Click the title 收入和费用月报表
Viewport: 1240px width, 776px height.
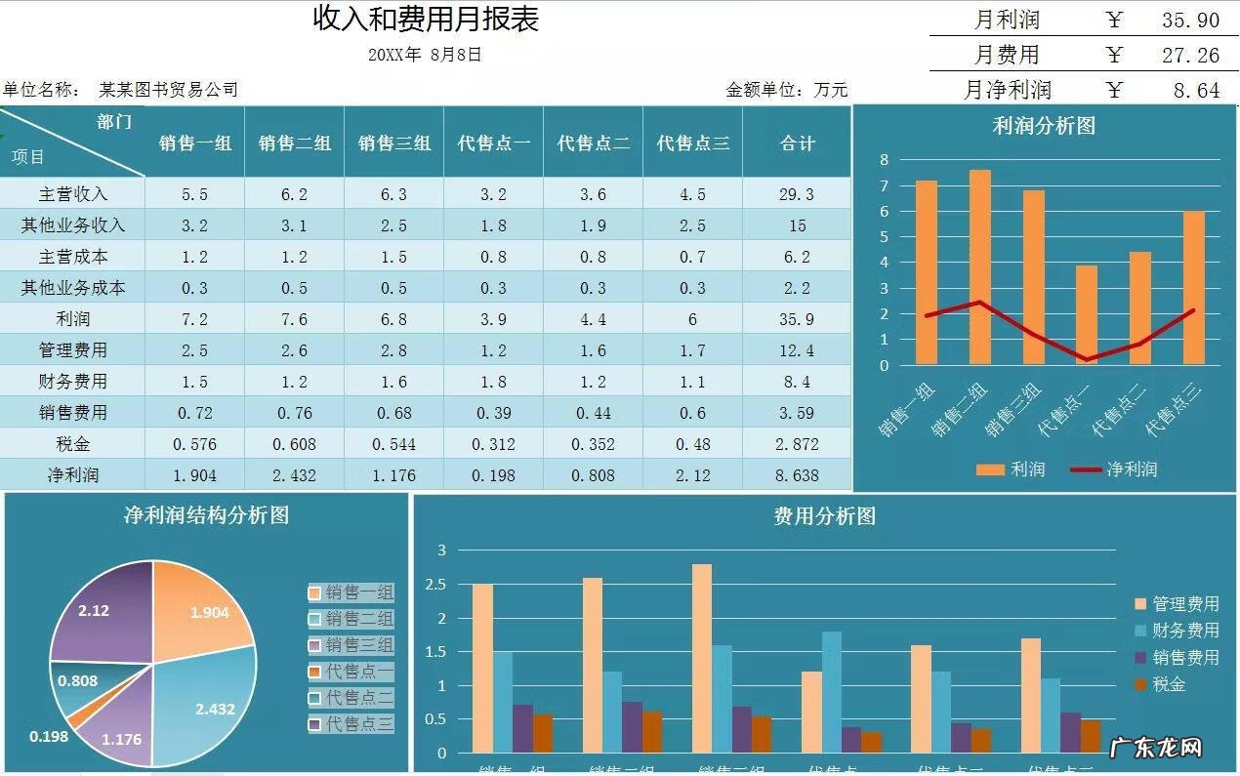click(x=426, y=19)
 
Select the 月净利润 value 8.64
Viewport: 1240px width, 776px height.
click(x=1196, y=91)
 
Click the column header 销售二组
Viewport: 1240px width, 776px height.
click(x=295, y=143)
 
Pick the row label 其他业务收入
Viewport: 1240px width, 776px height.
click(x=73, y=225)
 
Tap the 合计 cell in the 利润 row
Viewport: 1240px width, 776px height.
click(x=797, y=319)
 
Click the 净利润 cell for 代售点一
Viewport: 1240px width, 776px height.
click(x=493, y=475)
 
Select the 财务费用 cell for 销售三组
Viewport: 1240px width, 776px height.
click(x=393, y=382)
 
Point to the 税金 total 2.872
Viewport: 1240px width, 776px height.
click(x=797, y=444)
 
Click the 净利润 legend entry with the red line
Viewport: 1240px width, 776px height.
click(x=1115, y=470)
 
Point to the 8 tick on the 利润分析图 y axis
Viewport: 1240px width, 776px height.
click(x=884, y=160)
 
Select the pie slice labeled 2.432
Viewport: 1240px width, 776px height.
click(x=210, y=703)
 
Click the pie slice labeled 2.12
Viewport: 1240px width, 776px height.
click(x=98, y=610)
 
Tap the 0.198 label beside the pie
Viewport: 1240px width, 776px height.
click(x=49, y=736)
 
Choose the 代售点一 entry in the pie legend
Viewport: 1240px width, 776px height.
click(x=351, y=672)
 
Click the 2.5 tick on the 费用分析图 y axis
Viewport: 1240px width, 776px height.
click(x=440, y=585)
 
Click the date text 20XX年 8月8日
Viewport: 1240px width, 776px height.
click(x=426, y=55)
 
